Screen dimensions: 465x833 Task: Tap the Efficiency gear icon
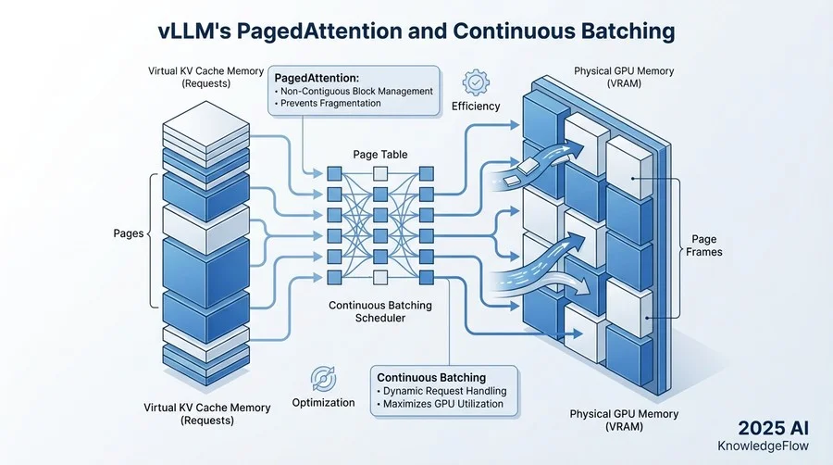(476, 82)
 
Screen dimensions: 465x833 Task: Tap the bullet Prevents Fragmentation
(329, 104)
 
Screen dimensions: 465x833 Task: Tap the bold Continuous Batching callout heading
(430, 377)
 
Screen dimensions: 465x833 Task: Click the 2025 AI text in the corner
(776, 429)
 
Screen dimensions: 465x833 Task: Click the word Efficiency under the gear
(476, 107)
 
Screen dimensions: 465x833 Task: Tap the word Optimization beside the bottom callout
(324, 403)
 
